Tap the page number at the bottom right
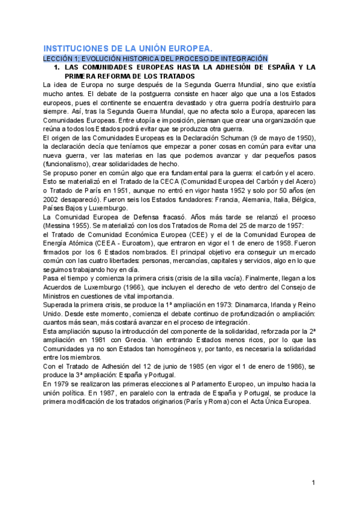(313, 483)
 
